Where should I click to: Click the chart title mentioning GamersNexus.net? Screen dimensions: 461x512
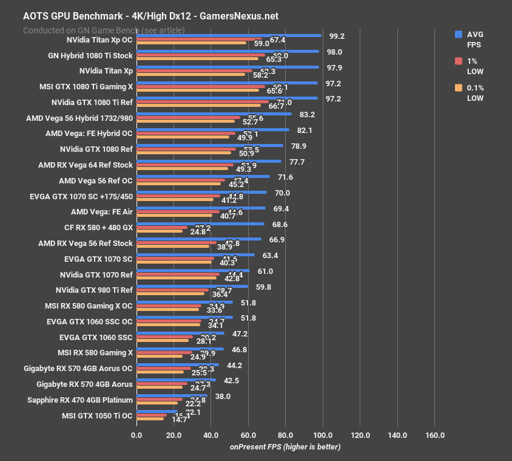point(150,16)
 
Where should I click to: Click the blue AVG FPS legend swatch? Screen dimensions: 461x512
point(459,35)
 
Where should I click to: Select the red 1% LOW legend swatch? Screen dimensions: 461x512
point(459,61)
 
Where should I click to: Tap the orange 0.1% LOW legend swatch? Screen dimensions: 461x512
point(459,88)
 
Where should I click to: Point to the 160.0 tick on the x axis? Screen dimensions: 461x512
point(435,435)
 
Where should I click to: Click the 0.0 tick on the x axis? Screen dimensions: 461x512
point(136,435)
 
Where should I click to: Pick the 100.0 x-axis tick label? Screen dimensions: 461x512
point(323,435)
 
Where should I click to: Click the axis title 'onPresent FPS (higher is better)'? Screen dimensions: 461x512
point(285,447)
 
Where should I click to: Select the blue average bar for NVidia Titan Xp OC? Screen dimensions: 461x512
point(229,36)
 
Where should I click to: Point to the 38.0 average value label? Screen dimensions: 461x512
point(223,396)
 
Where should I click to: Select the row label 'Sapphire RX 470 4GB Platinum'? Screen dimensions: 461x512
point(80,400)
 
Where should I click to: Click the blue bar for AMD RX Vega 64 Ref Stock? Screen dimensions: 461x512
point(209,161)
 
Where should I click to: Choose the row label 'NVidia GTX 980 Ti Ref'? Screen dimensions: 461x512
point(93,290)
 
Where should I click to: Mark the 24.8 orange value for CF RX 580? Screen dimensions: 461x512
point(198,231)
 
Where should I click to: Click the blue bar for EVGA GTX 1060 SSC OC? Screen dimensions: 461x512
point(184,317)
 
